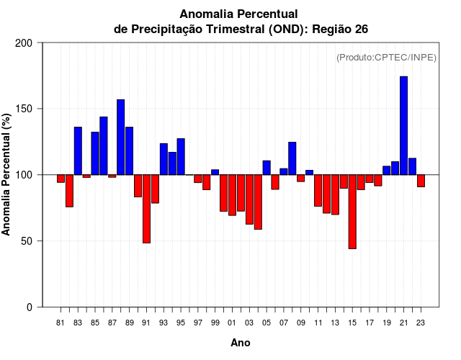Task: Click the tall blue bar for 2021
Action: pyautogui.click(x=403, y=125)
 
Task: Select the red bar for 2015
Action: pyautogui.click(x=352, y=212)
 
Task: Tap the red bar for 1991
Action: pyautogui.click(x=146, y=209)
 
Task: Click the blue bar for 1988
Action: pyautogui.click(x=120, y=137)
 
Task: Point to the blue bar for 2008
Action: pyautogui.click(x=292, y=158)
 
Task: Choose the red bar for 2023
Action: pyautogui.click(x=421, y=181)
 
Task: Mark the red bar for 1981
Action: pyautogui.click(x=61, y=179)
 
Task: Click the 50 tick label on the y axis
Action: pyautogui.click(x=26, y=241)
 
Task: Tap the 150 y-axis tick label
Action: pyautogui.click(x=23, y=109)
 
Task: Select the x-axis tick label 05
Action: pyautogui.click(x=266, y=323)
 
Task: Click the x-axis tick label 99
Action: pyautogui.click(x=215, y=323)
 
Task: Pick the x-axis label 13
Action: pyautogui.click(x=335, y=323)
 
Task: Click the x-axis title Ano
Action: pyautogui.click(x=241, y=343)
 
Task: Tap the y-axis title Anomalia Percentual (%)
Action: pyautogui.click(x=7, y=174)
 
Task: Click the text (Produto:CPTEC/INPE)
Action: pyautogui.click(x=386, y=57)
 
